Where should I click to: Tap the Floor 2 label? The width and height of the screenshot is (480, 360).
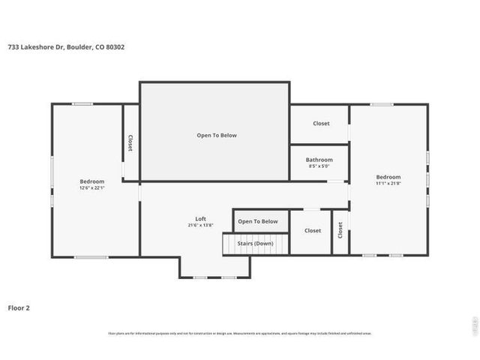[19, 307]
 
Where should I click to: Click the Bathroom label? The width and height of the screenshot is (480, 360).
[319, 160]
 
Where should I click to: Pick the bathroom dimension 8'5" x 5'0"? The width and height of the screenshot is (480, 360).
[319, 166]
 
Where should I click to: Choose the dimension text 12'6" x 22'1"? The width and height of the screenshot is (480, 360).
[91, 188]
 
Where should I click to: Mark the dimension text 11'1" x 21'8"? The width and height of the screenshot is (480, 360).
[388, 184]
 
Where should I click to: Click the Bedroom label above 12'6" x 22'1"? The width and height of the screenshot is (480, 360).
[91, 181]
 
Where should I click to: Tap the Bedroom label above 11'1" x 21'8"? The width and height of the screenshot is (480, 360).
[388, 177]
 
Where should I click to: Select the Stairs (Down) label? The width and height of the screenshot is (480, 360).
[255, 243]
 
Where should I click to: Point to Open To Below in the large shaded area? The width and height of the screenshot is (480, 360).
[216, 135]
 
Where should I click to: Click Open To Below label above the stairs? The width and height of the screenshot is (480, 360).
[257, 221]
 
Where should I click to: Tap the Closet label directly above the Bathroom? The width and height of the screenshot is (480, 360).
[321, 123]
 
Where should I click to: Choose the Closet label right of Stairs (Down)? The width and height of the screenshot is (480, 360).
[313, 230]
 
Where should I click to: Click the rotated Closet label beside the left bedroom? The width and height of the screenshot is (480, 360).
[130, 142]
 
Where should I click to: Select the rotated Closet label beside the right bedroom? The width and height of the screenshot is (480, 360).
[340, 231]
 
